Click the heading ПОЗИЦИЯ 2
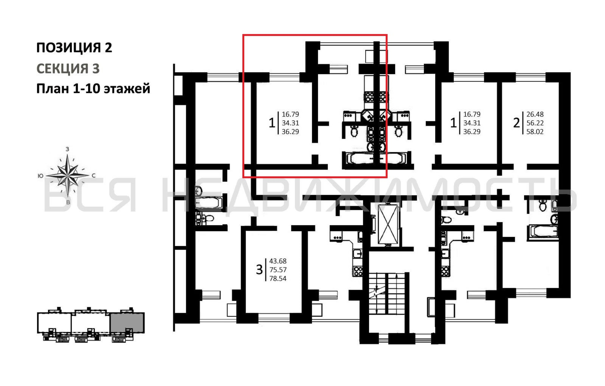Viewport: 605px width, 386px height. tap(74, 47)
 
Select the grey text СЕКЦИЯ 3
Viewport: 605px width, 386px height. tap(68, 68)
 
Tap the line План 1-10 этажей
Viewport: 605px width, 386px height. tap(93, 89)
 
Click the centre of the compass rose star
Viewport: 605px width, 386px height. tap(68, 175)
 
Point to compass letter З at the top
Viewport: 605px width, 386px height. tap(67, 149)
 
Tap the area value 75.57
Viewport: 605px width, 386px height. tap(278, 270)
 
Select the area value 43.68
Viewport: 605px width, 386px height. tap(278, 261)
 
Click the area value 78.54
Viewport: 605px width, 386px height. tap(278, 278)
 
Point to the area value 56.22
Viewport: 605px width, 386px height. tap(535, 123)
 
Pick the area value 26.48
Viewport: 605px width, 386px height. tap(535, 114)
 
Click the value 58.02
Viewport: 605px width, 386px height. tap(535, 131)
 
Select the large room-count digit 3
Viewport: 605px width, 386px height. tap(259, 270)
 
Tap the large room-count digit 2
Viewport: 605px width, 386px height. tap(516, 123)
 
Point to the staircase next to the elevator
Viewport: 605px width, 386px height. tap(387, 294)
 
